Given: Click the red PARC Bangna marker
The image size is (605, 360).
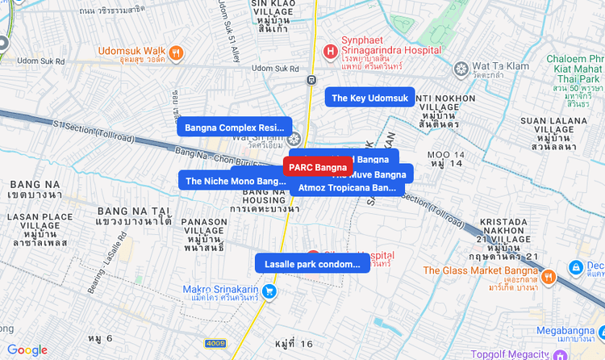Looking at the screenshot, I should coord(318,167).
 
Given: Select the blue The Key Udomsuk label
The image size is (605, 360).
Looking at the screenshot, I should coord(370,98).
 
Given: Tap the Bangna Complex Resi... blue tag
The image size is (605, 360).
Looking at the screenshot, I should coord(235,128).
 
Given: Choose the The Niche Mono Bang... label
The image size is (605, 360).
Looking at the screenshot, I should coord(236,181).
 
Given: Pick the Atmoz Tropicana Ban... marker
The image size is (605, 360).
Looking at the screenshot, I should coord(347,187).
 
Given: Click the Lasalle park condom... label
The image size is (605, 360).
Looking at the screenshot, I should coord(312,264).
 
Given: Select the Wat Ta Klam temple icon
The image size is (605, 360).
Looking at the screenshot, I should coord(461,68).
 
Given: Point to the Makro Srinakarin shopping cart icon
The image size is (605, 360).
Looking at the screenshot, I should coord(269,291).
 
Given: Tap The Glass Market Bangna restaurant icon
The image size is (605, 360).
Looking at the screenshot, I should coord(549,277).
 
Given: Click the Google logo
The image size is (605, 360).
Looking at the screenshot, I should coord(27,350).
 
